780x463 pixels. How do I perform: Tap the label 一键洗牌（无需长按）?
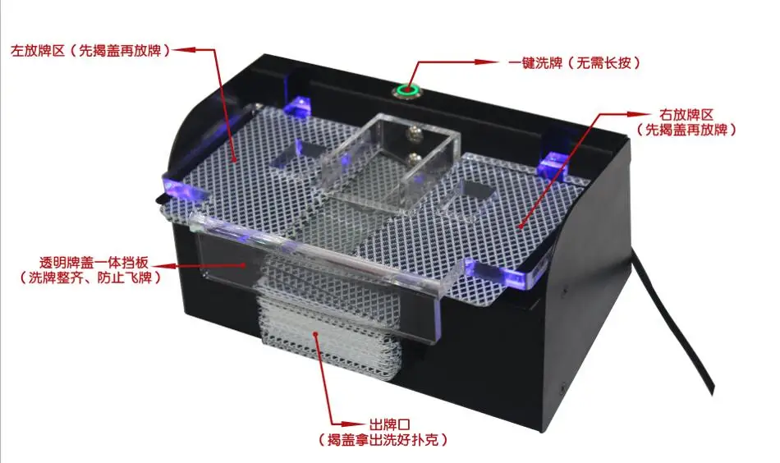(x=574, y=62)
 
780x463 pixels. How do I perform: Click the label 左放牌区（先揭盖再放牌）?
(x=90, y=50)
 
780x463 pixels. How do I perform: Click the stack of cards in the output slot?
(x=328, y=328)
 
